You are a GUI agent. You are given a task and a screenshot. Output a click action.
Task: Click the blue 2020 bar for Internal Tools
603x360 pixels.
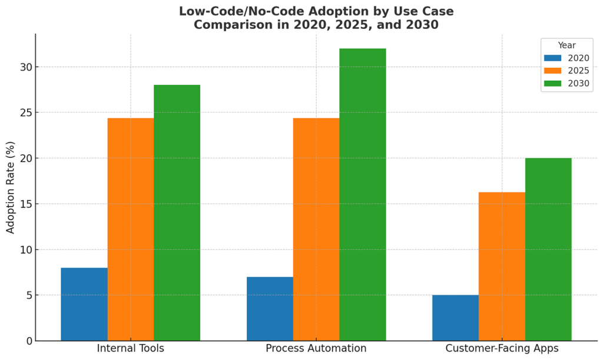[x=84, y=304]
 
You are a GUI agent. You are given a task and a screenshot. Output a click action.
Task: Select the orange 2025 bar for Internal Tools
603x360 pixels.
[x=131, y=229]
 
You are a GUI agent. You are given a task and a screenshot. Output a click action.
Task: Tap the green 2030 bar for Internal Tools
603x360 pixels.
[x=177, y=213]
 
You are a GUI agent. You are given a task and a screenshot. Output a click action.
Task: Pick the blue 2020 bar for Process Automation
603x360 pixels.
[x=270, y=309]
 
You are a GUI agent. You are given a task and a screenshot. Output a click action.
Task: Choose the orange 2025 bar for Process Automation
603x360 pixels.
[x=316, y=229]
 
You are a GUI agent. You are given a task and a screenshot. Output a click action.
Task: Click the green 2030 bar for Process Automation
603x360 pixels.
[x=363, y=194]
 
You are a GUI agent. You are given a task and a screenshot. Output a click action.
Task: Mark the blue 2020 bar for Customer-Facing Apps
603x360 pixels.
[x=455, y=318]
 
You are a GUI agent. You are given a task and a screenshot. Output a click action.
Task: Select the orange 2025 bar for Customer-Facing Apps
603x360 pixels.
[x=502, y=266]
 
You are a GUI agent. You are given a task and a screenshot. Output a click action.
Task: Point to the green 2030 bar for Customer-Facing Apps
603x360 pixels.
[x=548, y=249]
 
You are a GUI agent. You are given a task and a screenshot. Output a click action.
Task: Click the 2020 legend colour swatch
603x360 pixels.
[x=553, y=58]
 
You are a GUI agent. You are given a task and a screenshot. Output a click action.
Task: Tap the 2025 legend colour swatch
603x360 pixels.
[x=553, y=70]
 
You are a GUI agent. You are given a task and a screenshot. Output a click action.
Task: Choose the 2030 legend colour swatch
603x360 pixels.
[x=553, y=83]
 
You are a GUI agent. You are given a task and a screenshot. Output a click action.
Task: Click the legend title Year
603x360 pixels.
[x=566, y=45]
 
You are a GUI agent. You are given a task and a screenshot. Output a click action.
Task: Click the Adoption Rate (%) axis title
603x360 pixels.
[x=11, y=187]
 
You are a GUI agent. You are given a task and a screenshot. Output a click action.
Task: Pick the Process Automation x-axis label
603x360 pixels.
[x=316, y=348]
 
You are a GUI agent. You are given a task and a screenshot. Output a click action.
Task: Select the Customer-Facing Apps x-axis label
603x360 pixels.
[x=502, y=348]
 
